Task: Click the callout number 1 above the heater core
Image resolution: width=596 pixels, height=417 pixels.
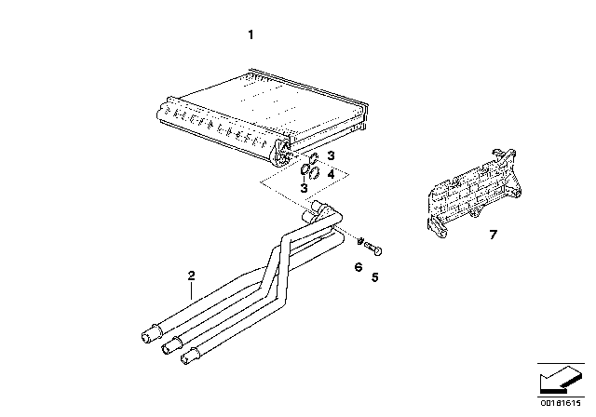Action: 250,35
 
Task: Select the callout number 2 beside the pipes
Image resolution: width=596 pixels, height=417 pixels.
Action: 191,276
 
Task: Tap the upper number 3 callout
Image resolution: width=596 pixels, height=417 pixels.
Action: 330,155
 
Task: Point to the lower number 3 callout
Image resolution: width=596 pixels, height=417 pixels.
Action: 304,189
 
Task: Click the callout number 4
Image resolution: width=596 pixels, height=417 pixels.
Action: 331,173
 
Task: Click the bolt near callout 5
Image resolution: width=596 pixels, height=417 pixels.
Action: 375,249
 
